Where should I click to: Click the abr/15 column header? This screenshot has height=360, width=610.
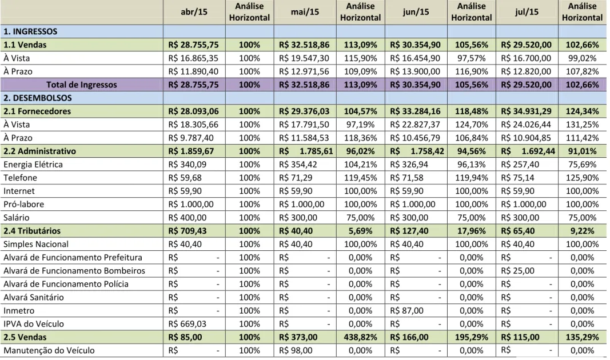(194, 12)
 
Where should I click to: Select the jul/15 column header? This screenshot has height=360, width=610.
(527, 12)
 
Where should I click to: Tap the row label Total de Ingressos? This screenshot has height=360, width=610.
(82, 85)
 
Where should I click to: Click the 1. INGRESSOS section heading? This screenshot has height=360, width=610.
(30, 31)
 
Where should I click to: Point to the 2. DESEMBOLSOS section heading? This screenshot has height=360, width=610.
(38, 98)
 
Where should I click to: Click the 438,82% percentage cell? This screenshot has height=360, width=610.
(360, 337)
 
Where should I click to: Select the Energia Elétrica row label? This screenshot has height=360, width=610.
(33, 165)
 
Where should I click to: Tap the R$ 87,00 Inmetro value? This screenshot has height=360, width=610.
(406, 311)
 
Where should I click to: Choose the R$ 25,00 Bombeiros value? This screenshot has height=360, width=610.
(517, 271)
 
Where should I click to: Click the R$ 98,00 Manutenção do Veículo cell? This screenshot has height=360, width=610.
(295, 350)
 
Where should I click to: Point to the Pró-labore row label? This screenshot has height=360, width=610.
(24, 204)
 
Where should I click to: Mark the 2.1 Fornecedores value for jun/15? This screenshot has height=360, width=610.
(415, 111)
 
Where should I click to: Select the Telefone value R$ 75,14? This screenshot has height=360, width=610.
(517, 178)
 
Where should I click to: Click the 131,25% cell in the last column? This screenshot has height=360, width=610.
(582, 125)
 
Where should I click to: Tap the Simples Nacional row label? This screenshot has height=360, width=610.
(36, 244)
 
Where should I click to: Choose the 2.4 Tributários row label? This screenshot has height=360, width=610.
(32, 231)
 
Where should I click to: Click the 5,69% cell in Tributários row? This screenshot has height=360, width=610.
(360, 231)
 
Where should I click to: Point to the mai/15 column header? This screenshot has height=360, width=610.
(305, 12)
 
